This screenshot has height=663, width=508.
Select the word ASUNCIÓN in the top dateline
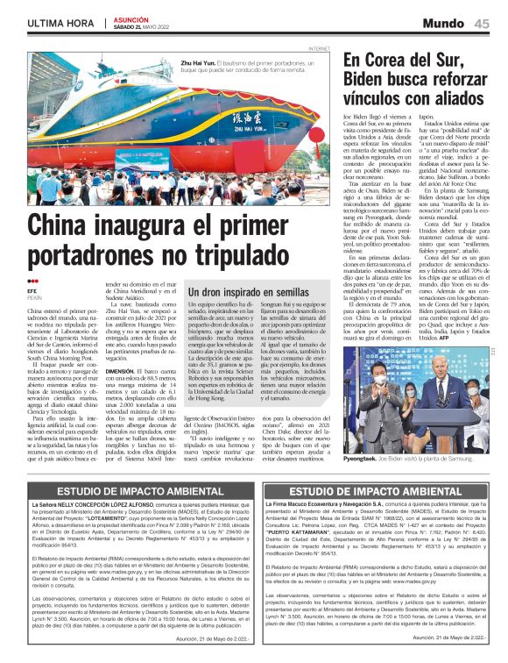point(131,18)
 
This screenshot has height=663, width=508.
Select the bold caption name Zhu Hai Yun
point(198,62)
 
